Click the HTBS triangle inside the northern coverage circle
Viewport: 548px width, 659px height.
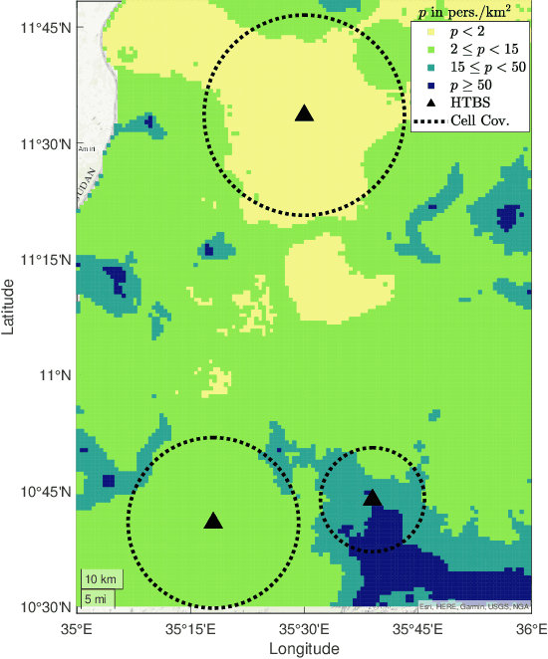(305, 113)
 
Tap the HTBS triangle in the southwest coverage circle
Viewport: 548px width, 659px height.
(212, 521)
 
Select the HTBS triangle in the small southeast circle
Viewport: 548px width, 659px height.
(373, 497)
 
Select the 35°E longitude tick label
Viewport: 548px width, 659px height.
(77, 629)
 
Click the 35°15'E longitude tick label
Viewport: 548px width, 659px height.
(190, 629)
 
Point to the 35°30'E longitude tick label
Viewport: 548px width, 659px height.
(304, 629)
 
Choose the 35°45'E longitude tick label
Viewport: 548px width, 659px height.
(417, 629)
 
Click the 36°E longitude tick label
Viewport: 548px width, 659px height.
(532, 629)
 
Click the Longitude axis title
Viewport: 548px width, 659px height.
(304, 648)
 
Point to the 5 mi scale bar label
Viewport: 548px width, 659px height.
(97, 598)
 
